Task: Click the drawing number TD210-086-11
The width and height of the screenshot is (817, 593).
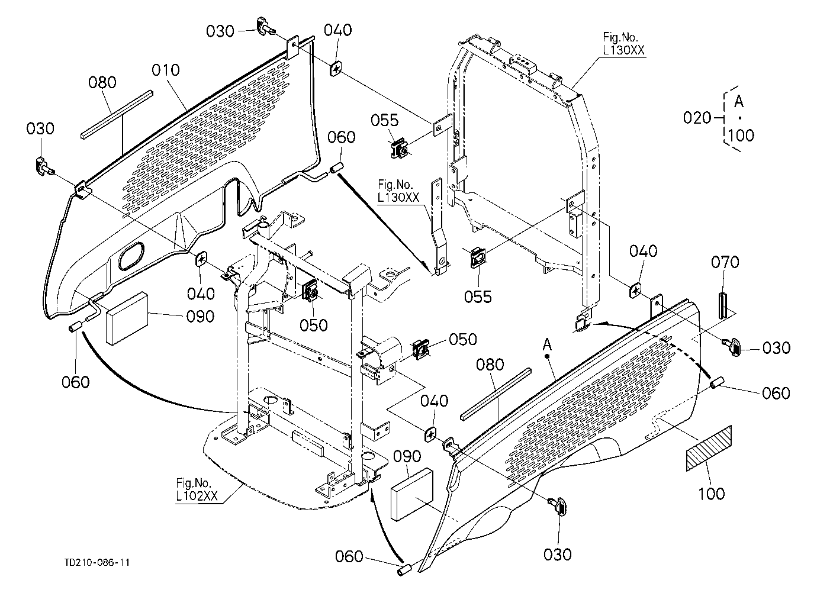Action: (97, 562)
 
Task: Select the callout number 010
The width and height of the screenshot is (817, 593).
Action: (166, 70)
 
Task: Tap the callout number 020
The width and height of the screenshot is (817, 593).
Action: (697, 118)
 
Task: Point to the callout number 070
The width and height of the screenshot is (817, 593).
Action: (725, 262)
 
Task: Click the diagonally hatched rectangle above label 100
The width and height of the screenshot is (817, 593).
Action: (709, 448)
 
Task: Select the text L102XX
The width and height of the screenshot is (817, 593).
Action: (197, 495)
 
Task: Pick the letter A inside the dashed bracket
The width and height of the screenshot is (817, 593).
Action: (739, 101)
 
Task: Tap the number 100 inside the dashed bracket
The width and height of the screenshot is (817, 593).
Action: (741, 136)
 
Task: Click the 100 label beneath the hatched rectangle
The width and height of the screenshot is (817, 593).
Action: (711, 494)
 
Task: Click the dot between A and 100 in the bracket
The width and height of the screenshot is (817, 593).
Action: (740, 118)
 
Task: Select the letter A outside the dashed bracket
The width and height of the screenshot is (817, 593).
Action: (547, 344)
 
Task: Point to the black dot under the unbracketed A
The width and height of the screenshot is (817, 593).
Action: (547, 356)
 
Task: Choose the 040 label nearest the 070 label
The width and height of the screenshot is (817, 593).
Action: (644, 251)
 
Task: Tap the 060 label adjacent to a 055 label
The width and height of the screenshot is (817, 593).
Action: (342, 137)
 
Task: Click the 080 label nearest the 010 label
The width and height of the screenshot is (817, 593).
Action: (102, 82)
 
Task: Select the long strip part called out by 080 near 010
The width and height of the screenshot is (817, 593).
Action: (117, 115)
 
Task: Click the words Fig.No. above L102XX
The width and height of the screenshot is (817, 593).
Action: (194, 483)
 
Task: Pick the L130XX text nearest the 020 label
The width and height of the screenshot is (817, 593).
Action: (623, 50)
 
